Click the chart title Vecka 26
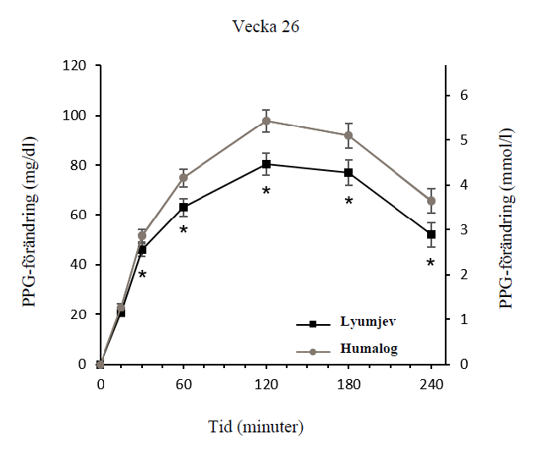coord(266,26)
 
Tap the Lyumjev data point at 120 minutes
coord(266,164)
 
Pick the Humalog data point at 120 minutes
coord(266,121)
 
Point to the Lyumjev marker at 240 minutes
coord(431,234)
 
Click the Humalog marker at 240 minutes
coord(431,201)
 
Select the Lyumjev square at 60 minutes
coord(184,207)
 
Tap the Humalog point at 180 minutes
coord(348,135)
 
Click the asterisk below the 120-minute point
coord(266,192)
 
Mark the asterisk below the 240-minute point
coord(431,264)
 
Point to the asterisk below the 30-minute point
coord(142,276)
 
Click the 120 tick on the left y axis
coord(77,66)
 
